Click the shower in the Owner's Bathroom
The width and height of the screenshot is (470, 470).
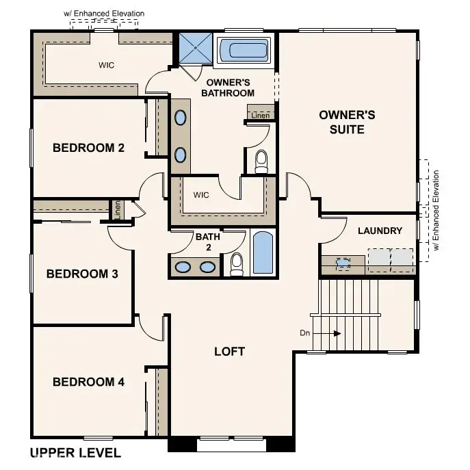(195, 48)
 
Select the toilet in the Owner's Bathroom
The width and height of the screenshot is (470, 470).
(261, 161)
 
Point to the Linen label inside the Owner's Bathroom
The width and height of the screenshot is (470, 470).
(260, 116)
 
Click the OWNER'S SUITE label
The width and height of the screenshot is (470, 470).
(347, 122)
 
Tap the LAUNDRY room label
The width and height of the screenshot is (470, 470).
(380, 231)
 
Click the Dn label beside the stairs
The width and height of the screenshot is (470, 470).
(306, 333)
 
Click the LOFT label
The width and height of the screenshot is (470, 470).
(229, 352)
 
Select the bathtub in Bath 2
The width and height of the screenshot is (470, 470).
(263, 254)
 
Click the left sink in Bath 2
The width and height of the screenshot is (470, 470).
(183, 267)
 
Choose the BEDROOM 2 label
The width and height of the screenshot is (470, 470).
(88, 147)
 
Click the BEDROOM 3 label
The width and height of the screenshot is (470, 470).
(82, 274)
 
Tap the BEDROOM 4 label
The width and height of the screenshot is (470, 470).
(88, 382)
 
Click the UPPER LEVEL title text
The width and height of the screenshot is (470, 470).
(75, 452)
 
